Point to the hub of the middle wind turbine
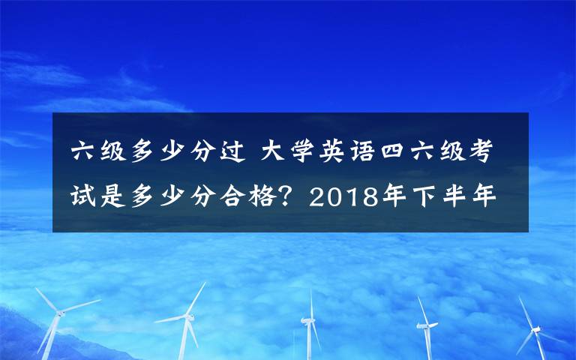pyautogui.click(x=307, y=320)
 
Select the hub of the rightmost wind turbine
pyautogui.click(x=535, y=328)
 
